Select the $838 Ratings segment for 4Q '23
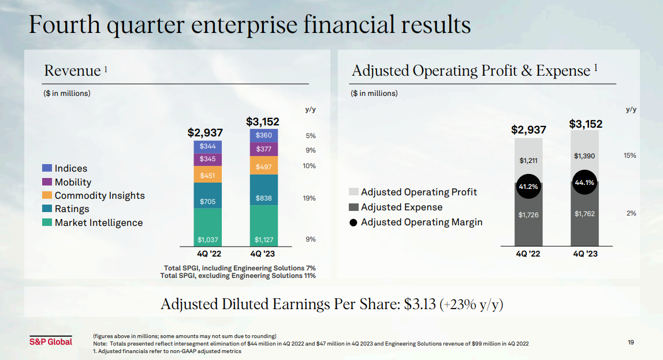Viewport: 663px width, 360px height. tap(264, 199)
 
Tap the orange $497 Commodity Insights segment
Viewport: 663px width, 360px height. tap(264, 166)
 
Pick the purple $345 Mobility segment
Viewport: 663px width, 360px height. tap(208, 158)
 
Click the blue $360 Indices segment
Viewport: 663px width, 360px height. tap(264, 135)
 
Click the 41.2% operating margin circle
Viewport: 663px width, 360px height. tap(528, 187)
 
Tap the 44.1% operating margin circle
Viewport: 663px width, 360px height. tap(584, 183)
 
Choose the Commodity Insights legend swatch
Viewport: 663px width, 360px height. tap(47, 196)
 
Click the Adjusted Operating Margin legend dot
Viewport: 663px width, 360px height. tap(353, 222)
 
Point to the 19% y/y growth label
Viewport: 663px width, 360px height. tap(309, 198)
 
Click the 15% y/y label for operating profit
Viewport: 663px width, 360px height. tap(630, 155)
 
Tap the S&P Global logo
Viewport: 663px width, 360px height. tap(51, 342)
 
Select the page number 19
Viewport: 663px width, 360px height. tap(631, 343)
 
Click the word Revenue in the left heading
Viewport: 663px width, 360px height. tap(72, 71)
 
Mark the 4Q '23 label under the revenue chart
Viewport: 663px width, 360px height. tap(264, 254)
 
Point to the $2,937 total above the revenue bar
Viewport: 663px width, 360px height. tap(205, 132)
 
